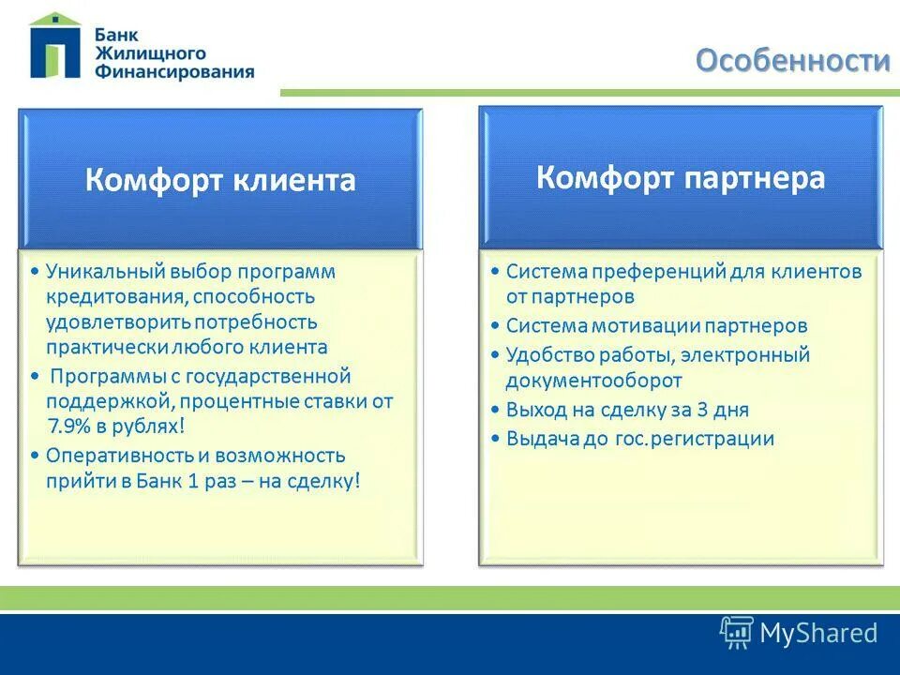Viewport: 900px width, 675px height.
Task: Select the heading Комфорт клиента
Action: coord(220,180)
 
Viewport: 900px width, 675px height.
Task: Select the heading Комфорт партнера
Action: coord(681,177)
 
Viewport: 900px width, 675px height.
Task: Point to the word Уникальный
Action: coord(105,272)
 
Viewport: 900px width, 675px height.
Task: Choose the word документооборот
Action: coord(593,380)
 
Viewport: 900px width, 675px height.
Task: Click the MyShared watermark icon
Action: coord(737,633)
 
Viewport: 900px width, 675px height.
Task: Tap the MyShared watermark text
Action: coord(818,633)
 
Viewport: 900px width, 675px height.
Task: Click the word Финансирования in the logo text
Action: coord(173,71)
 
